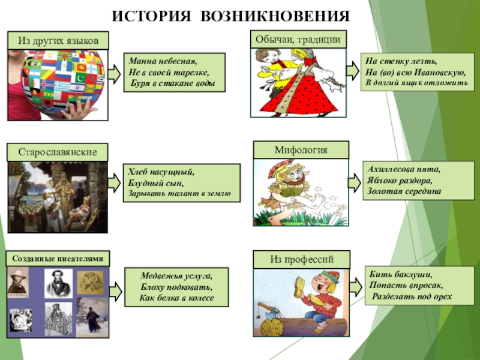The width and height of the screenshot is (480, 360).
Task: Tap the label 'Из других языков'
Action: coord(58,41)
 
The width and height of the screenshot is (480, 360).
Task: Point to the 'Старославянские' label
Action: coord(58,152)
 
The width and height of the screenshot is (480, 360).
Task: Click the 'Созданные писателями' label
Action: coord(59,259)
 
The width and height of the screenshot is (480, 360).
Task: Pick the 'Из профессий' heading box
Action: coord(301,259)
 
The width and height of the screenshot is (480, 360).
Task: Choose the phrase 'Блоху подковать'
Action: coord(176,287)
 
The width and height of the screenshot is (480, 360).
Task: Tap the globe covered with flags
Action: coord(57,78)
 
